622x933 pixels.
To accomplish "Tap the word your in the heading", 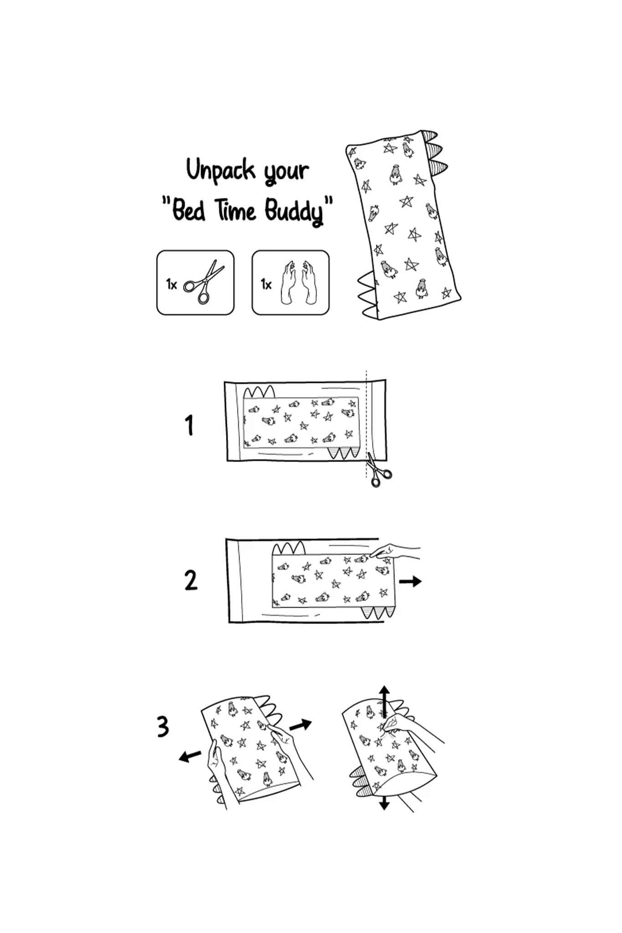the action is pos(287,172).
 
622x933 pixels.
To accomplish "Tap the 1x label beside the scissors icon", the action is pos(171,284).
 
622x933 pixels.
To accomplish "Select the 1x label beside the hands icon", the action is pos(266,284).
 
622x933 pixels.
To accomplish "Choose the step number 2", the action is pos(190,580).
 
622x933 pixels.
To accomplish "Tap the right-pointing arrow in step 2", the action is pos(410,581).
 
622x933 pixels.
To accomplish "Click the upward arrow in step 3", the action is pos(385,702).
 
